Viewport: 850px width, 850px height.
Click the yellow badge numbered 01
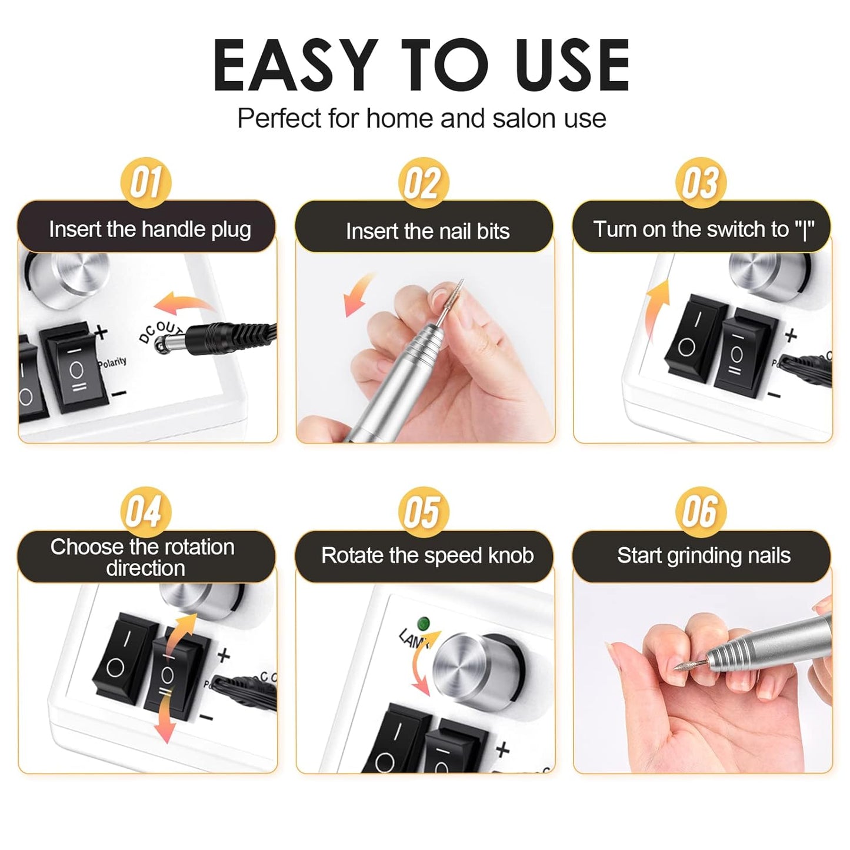pyautogui.click(x=146, y=182)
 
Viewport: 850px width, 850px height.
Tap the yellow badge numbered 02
pyautogui.click(x=423, y=183)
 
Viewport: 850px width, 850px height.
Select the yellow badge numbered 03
pyautogui.click(x=701, y=182)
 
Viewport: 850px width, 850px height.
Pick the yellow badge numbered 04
pyautogui.click(x=145, y=511)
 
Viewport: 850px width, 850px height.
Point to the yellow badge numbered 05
pyautogui.click(x=423, y=511)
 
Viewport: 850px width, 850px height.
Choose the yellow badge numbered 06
pyautogui.click(x=701, y=511)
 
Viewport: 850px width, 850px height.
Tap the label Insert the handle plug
pyautogui.click(x=149, y=229)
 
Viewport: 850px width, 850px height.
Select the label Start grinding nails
pyautogui.click(x=704, y=555)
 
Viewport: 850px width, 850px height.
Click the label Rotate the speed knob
pyautogui.click(x=427, y=555)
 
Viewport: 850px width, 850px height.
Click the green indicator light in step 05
pyautogui.click(x=422, y=623)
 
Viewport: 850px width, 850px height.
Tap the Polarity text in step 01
pyautogui.click(x=112, y=362)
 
